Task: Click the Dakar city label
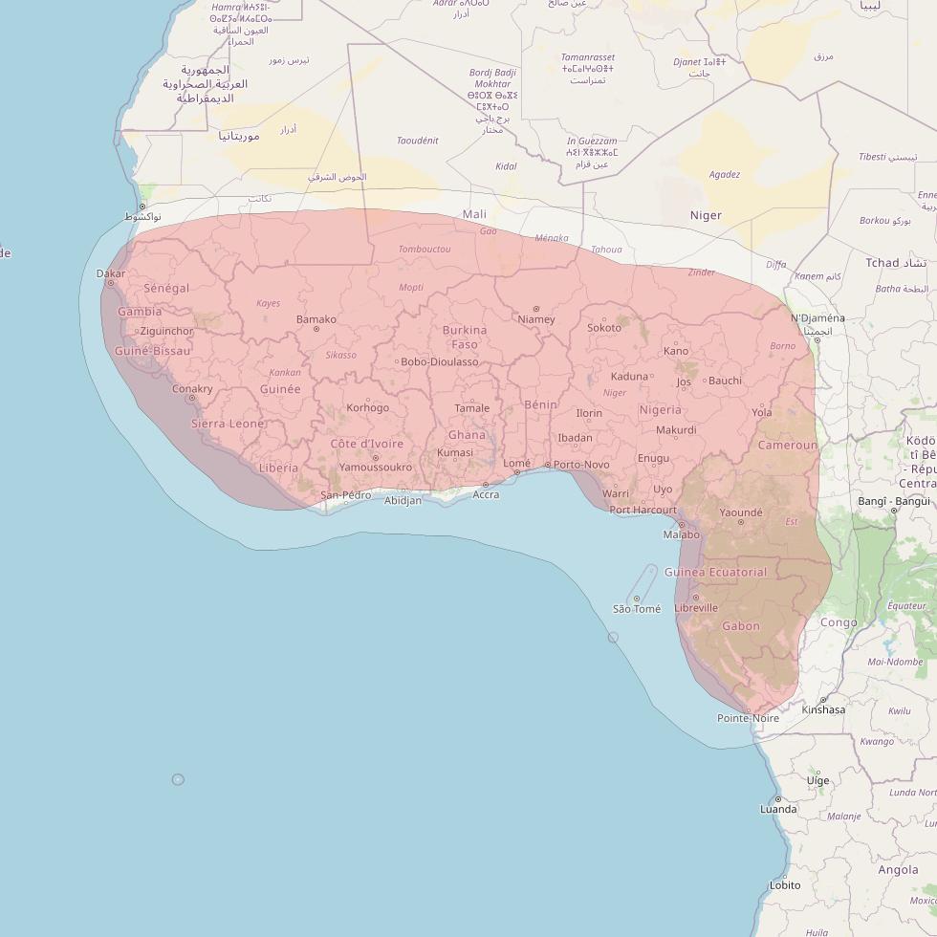111,273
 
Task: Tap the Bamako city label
316,319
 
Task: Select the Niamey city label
535,319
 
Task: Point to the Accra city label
486,494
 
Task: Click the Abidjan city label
402,500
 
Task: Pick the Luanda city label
778,809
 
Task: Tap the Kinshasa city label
823,709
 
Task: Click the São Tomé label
637,609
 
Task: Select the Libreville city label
696,607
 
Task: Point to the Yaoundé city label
741,513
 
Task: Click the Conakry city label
192,389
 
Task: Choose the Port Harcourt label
643,510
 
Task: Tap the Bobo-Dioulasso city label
440,362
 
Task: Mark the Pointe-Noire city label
749,718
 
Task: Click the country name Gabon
741,626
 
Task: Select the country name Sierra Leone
228,424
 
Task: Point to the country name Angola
898,870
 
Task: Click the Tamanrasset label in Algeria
588,57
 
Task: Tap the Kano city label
676,351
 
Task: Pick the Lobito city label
785,885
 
